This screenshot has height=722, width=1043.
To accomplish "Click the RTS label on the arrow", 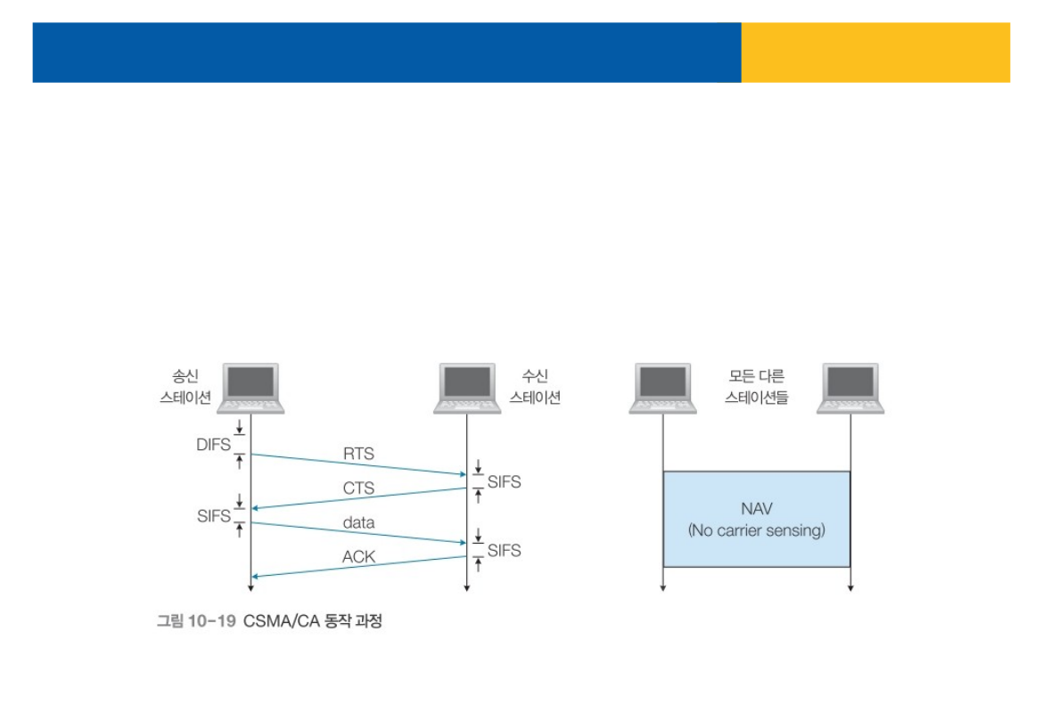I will pos(358,454).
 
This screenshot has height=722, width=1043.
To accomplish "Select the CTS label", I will pos(358,488).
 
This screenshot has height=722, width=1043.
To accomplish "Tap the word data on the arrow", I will pos(358,522).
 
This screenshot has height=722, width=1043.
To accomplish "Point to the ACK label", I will pos(358,557).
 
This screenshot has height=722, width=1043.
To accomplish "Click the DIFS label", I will pos(213,445).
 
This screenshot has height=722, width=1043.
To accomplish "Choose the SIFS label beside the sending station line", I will pos(214,515).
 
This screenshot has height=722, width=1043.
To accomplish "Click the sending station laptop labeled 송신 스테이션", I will pos(251,388).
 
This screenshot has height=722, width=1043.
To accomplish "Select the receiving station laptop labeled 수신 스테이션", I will pos(467,388).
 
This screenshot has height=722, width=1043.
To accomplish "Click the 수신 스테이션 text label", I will pos(535,387).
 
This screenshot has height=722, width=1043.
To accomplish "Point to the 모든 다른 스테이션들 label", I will pos(756,387).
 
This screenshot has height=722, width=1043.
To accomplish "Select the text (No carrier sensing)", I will pos(756,530).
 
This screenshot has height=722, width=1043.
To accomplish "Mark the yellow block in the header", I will pos(875,53).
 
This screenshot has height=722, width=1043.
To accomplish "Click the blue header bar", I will pos(386,53).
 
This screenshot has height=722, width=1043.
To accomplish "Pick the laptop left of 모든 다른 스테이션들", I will pos(662,388).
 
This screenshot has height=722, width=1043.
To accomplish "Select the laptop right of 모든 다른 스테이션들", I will pos(850,388).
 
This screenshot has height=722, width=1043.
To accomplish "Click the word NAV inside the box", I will pos(756,509).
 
